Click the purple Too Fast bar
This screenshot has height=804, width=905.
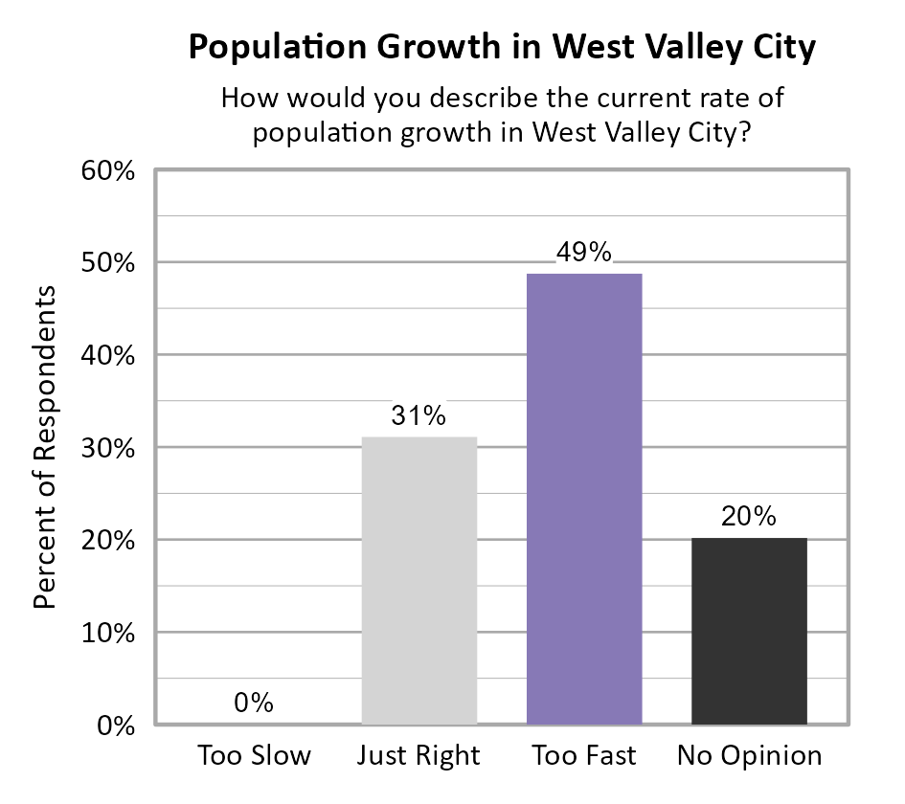coord(584,498)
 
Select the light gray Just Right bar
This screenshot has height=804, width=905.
coord(419,580)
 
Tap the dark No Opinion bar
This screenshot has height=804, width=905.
coord(749,631)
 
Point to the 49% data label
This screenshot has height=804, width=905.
coord(584,253)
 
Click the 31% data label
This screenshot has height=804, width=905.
coord(419,416)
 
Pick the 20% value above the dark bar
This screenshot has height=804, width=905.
coord(749,517)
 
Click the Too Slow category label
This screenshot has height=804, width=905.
coord(254,756)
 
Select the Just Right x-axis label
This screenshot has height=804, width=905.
coord(419,756)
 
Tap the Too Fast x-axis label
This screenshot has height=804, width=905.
coord(584,756)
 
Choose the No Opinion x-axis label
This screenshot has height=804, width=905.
coord(749,756)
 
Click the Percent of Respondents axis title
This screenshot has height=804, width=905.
coord(45,447)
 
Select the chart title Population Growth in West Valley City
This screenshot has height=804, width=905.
coord(501,48)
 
